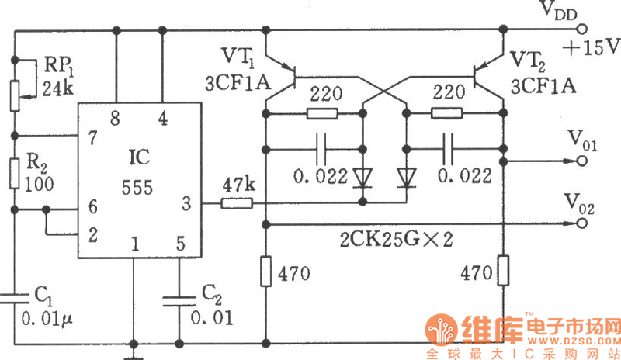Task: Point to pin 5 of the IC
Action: pyautogui.click(x=180, y=246)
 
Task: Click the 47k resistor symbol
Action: pyautogui.click(x=237, y=204)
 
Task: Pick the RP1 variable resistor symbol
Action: pyautogui.click(x=15, y=92)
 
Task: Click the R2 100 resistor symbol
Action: pyautogui.click(x=15, y=171)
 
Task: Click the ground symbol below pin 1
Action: pyautogui.click(x=133, y=353)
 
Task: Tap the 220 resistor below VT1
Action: pyautogui.click(x=322, y=114)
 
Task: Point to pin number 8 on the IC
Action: pyautogui.click(x=116, y=119)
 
